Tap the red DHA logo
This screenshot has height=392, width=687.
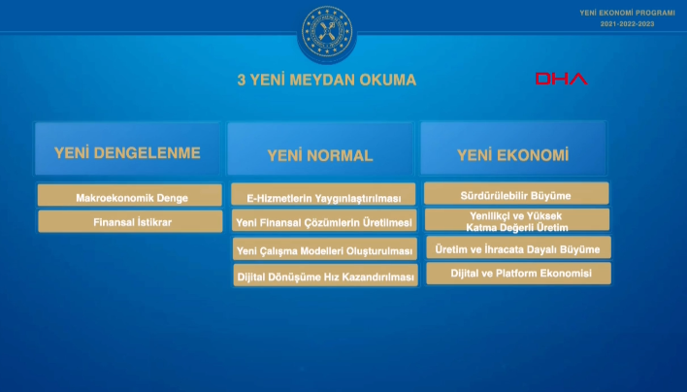pos(561,79)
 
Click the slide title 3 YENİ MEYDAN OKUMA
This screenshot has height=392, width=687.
pos(327,81)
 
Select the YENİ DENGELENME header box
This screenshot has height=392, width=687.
pos(128,150)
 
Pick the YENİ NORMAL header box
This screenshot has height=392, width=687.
pos(320,153)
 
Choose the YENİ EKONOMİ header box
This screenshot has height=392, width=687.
pos(513,153)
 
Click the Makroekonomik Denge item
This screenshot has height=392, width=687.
pos(132,197)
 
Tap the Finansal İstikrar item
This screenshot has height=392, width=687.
pos(132,222)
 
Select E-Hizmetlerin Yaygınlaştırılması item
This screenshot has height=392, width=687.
pos(323,197)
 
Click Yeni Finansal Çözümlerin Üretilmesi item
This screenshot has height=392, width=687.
pos(323,222)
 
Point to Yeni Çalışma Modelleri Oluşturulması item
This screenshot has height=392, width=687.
pos(323,250)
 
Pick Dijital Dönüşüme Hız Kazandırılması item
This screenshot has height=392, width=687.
pos(323,277)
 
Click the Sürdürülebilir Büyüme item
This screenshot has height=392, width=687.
pos(516,195)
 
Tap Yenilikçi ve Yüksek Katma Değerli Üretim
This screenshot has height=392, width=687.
pos(516,220)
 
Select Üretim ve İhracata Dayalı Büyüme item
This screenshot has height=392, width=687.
pos(516,248)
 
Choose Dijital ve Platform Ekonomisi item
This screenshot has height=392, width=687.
pos(516,274)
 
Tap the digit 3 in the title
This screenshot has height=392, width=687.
pos(242,81)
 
